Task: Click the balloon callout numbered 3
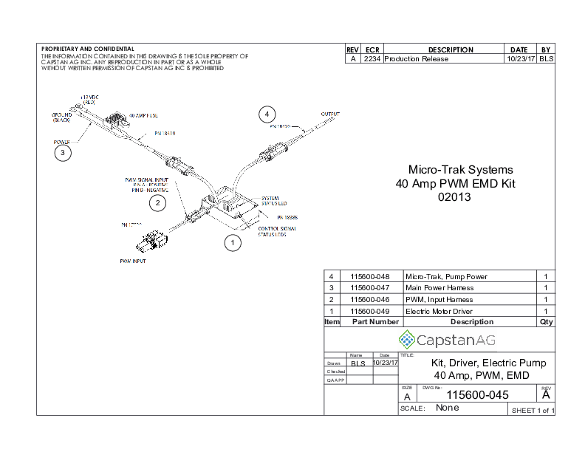click(63, 153)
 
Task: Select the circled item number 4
click(267, 114)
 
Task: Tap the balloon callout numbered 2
click(157, 202)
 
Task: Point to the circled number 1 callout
click(232, 242)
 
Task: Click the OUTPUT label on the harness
click(330, 114)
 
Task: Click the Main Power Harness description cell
click(439, 287)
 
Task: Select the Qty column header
click(546, 322)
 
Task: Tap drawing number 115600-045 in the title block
click(478, 395)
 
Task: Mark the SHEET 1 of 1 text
click(533, 410)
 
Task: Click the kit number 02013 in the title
click(454, 197)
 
